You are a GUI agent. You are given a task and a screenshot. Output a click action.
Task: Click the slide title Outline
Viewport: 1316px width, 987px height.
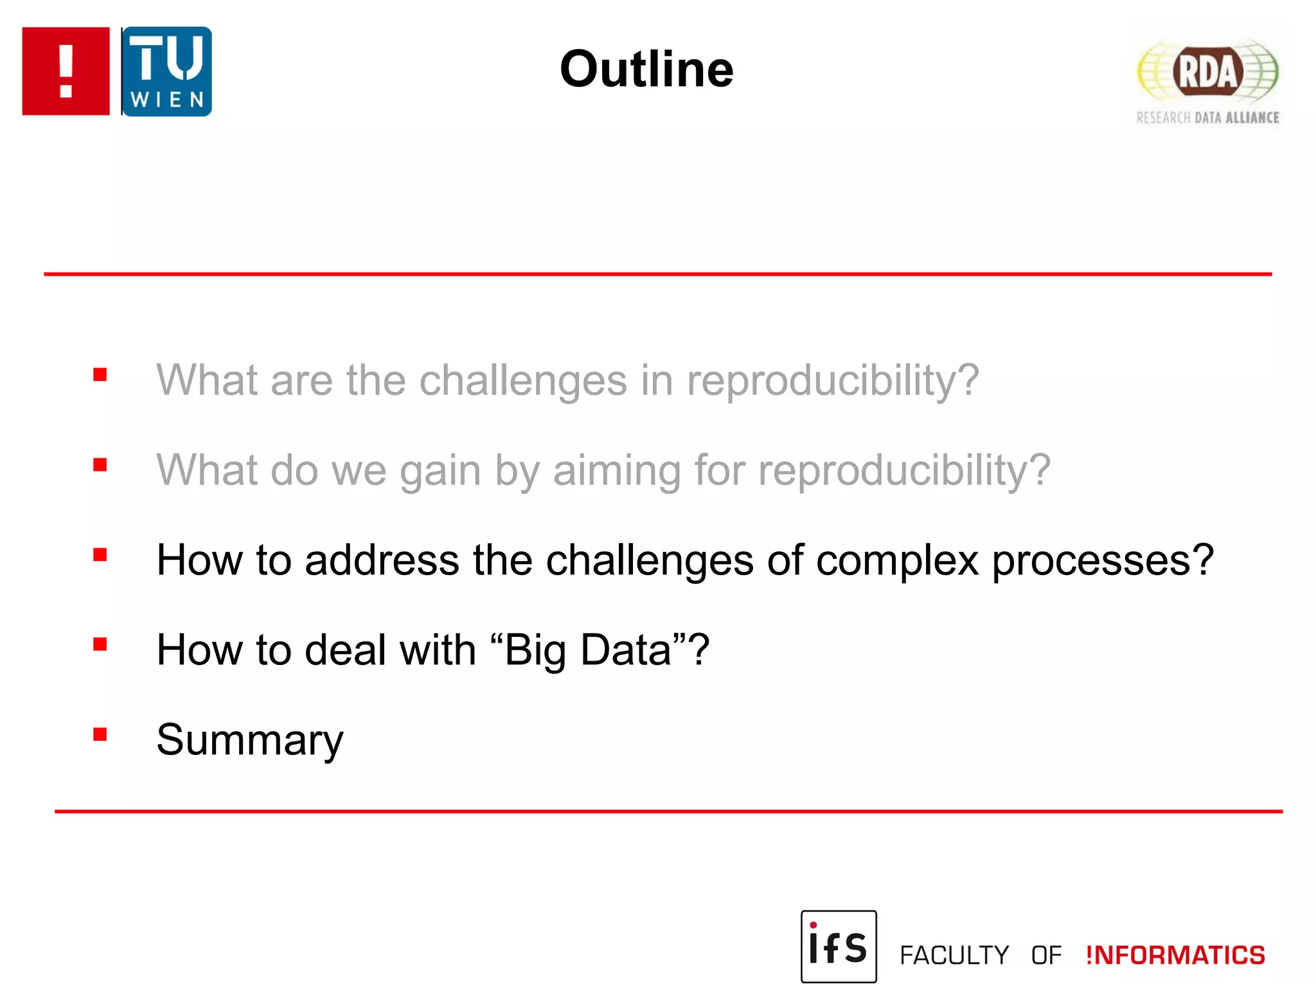[646, 69]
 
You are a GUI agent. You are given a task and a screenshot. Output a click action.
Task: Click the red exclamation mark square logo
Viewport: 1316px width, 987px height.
[66, 71]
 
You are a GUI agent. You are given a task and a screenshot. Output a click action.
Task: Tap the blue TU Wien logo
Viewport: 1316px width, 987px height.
[167, 71]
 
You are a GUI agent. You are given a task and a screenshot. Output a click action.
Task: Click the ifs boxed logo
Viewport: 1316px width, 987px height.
[838, 946]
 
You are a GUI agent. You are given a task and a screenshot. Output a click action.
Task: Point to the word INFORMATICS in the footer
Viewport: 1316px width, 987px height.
[1175, 956]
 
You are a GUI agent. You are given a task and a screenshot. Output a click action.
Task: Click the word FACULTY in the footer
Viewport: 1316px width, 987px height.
[954, 956]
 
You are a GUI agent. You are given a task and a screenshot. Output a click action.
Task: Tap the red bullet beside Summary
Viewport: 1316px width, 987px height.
[100, 734]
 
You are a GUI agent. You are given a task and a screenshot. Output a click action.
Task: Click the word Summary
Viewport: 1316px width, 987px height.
[250, 740]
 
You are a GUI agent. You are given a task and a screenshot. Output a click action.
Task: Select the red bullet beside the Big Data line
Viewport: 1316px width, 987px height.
[100, 644]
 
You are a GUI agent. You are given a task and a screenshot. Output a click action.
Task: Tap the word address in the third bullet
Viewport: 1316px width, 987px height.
[382, 560]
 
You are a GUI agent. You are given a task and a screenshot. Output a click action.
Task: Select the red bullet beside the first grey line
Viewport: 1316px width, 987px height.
[100, 374]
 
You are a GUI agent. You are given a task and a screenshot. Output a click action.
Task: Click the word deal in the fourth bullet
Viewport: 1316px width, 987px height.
[345, 650]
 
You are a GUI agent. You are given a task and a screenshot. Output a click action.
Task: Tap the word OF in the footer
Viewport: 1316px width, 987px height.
[1046, 956]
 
